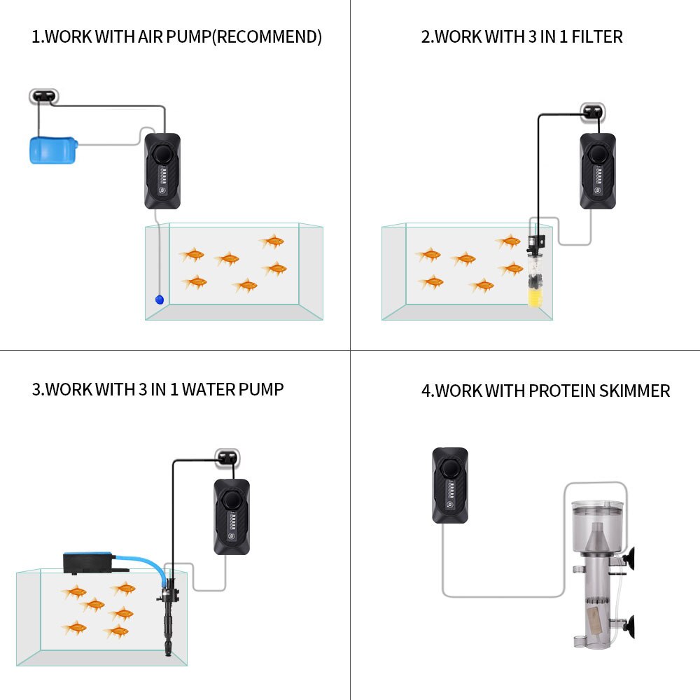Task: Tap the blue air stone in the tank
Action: coord(160,299)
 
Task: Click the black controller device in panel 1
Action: coord(162,171)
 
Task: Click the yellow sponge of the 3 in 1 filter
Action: coord(535,297)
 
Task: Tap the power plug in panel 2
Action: coord(593,111)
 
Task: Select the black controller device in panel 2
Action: coord(598,171)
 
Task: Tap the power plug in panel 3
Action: coord(227,458)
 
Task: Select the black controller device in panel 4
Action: coord(450,485)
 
